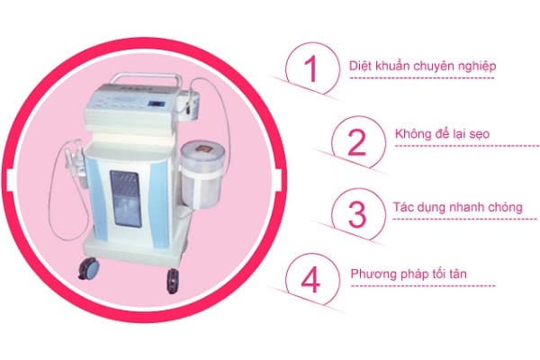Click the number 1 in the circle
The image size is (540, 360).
tap(311, 71)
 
